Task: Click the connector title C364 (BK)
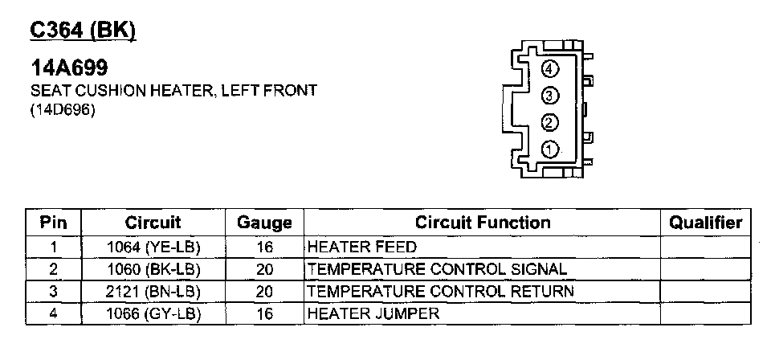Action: coord(83,30)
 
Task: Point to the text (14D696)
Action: coord(62,109)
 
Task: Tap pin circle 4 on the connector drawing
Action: coord(550,69)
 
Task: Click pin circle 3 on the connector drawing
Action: coord(550,96)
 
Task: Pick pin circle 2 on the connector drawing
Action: coord(550,123)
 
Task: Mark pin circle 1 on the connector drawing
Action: coord(550,149)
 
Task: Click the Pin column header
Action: coord(53,223)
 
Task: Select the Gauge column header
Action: coord(264,223)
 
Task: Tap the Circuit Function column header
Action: coord(482,223)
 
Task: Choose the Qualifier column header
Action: coord(705,223)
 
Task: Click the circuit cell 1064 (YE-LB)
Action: coord(153,246)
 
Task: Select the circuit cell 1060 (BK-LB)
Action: coord(153,268)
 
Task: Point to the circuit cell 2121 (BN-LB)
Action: coord(153,291)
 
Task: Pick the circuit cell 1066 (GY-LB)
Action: coord(153,313)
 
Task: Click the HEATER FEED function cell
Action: coord(351,246)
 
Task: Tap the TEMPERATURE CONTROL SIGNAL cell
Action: coord(437,268)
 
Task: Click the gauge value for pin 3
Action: coord(264,291)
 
